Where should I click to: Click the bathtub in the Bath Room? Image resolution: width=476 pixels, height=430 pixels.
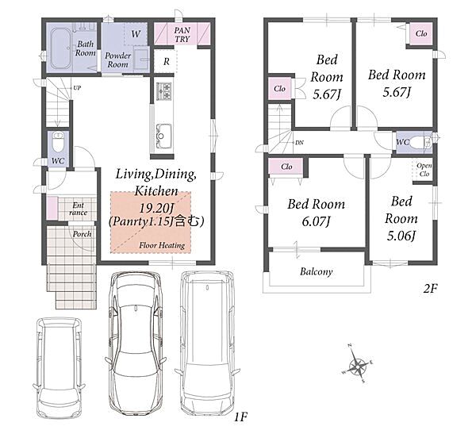(x=61, y=48)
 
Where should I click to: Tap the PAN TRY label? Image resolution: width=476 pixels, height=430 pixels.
(x=182, y=35)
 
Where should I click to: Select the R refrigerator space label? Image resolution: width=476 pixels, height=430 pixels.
(x=167, y=62)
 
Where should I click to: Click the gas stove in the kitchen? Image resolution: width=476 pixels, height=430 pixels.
(x=164, y=91)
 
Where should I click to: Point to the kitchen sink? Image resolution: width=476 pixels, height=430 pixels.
(x=163, y=136)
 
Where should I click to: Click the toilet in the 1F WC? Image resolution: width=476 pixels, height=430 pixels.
(x=58, y=141)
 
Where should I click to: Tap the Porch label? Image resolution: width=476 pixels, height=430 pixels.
(x=82, y=234)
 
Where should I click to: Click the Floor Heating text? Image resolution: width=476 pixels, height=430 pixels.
(x=162, y=245)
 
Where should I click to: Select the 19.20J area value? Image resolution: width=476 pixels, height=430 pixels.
(x=156, y=209)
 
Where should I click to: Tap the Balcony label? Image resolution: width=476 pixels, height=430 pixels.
(x=316, y=271)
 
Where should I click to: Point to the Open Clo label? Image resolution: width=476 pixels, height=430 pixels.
(x=424, y=170)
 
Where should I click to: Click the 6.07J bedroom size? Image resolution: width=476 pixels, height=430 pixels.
(x=316, y=221)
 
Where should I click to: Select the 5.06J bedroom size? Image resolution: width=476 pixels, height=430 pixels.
(x=401, y=236)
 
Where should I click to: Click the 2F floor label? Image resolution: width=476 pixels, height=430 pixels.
(x=430, y=289)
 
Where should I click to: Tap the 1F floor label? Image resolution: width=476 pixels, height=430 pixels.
(x=240, y=417)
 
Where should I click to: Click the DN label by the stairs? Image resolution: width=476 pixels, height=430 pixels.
(x=299, y=143)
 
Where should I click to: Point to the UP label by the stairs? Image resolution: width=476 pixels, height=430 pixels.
(x=77, y=88)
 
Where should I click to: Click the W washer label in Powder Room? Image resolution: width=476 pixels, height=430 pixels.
(x=136, y=33)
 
